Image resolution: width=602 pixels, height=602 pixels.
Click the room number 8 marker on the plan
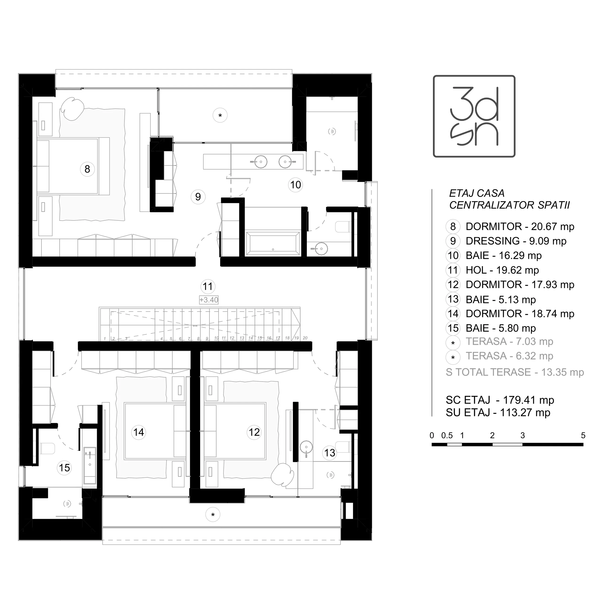tap(87, 169)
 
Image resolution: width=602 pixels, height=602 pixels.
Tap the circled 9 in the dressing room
tap(198, 197)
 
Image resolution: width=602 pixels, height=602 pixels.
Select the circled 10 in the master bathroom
tap(295, 185)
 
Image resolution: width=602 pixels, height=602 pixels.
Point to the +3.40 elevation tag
tap(209, 300)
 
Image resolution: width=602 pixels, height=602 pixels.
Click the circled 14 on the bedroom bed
tap(139, 432)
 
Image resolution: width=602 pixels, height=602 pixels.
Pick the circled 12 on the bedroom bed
tap(254, 432)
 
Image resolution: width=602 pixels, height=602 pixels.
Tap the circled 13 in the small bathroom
tap(330, 453)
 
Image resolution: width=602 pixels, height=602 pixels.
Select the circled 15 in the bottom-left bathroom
tap(64, 468)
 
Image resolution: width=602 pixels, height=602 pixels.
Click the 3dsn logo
tap(474, 116)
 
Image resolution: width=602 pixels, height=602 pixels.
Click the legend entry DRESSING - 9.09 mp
tap(516, 241)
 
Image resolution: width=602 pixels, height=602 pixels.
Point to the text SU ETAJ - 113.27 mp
tap(498, 412)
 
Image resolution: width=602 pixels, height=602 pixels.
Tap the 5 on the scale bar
tap(583, 435)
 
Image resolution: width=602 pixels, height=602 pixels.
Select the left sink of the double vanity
tap(261, 162)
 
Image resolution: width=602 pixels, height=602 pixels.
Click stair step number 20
tap(305, 338)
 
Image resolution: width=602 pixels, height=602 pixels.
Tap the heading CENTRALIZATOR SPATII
tap(509, 205)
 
